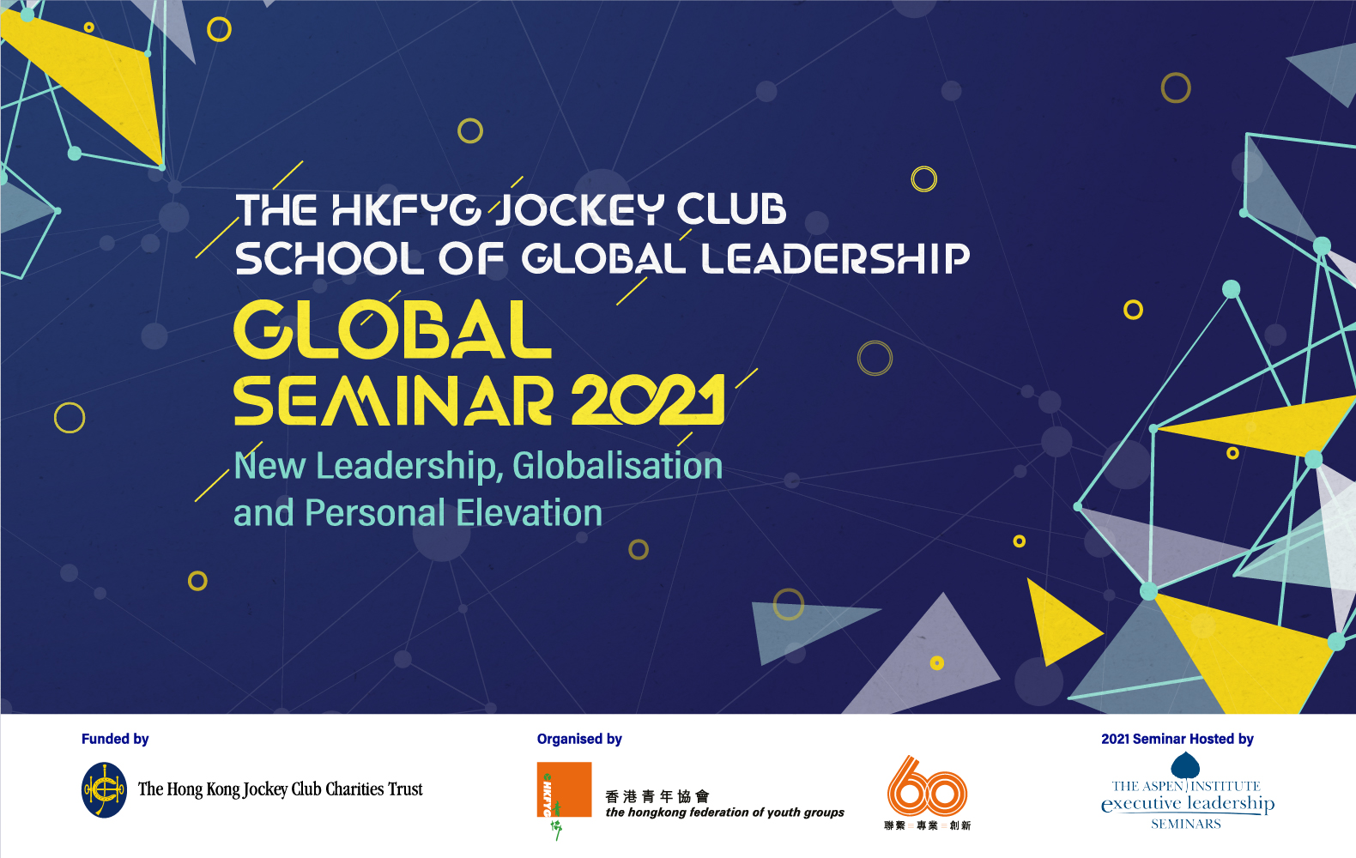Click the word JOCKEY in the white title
(580, 210)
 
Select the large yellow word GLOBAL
(392, 329)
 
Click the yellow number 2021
(648, 400)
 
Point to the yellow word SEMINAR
(393, 400)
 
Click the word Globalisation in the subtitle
(617, 467)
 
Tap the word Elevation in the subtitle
(529, 513)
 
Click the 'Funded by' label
(115, 739)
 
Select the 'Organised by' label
(579, 739)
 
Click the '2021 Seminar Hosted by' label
(1177, 739)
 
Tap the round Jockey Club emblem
(104, 789)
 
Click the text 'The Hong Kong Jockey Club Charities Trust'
(281, 789)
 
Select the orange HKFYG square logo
(564, 789)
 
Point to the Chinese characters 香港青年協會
(657, 796)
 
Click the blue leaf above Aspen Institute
(1185, 765)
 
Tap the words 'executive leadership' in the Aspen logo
(1188, 804)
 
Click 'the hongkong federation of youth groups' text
(724, 813)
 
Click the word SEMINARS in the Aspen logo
(1186, 824)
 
